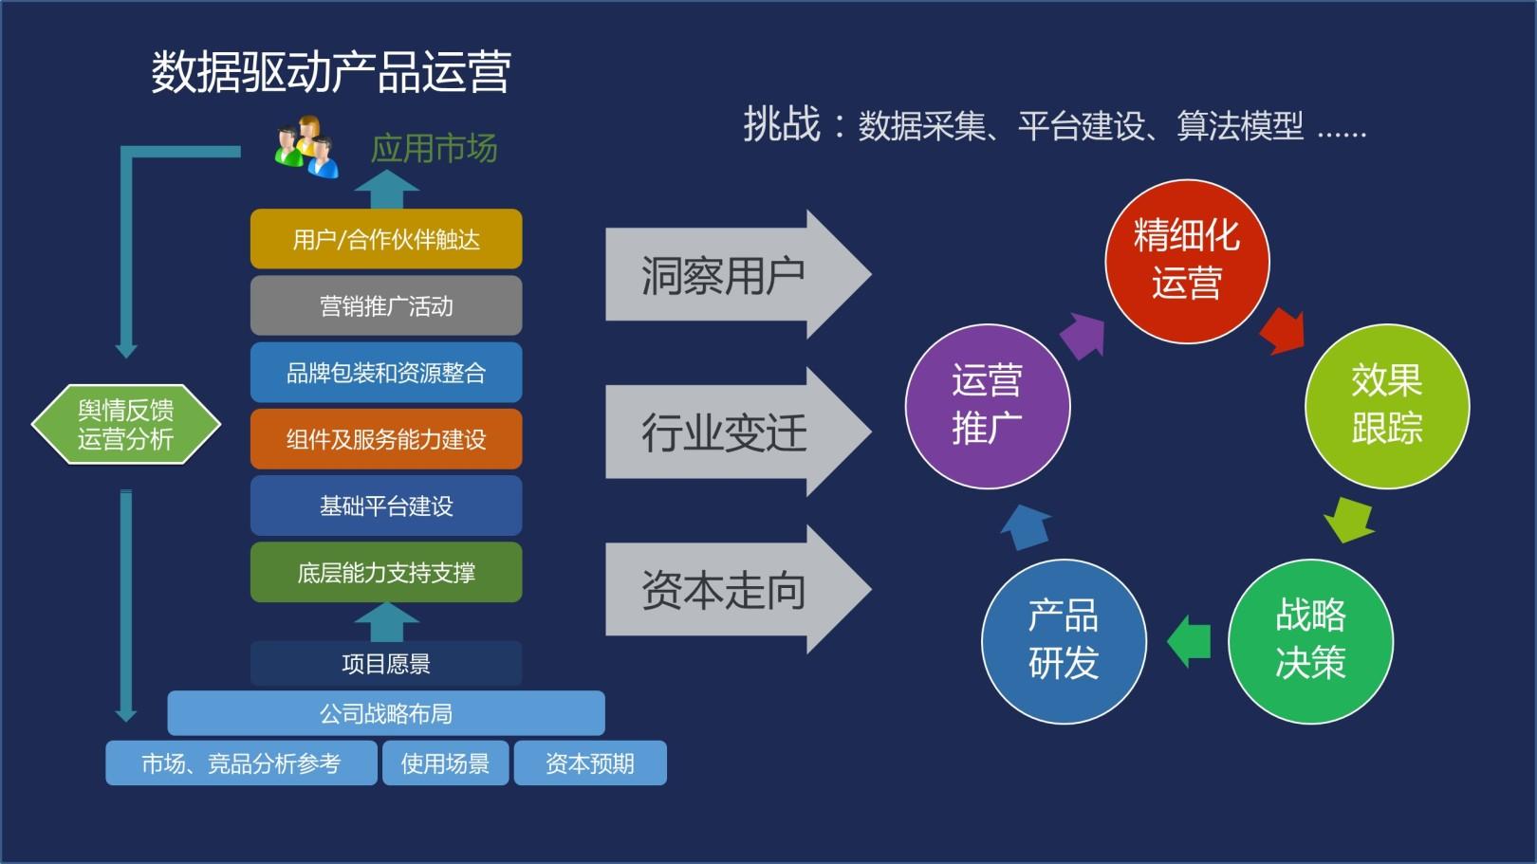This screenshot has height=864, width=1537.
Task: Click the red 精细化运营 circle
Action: pos(1186,261)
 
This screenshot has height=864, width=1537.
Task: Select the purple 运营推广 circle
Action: pos(988,406)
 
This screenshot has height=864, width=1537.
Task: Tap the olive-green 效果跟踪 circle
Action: pos(1386,406)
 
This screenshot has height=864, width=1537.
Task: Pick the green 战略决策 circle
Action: pos(1310,640)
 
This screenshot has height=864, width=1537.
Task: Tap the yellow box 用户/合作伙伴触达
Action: pos(386,239)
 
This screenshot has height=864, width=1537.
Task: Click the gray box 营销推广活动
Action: pos(386,305)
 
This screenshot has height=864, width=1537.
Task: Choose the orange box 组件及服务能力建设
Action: pos(386,439)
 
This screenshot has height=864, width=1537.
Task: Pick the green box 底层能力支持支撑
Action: pos(386,572)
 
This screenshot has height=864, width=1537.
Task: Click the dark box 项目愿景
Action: pos(386,663)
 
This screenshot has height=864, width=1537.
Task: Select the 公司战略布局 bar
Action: pos(386,713)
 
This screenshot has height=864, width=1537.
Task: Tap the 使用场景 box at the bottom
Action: pos(445,763)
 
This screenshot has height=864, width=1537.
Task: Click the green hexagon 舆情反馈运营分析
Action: pos(125,424)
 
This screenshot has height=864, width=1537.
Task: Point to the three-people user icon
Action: pos(306,147)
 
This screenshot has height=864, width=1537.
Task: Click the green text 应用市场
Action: pos(434,149)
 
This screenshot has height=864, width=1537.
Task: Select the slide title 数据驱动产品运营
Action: pos(331,72)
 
